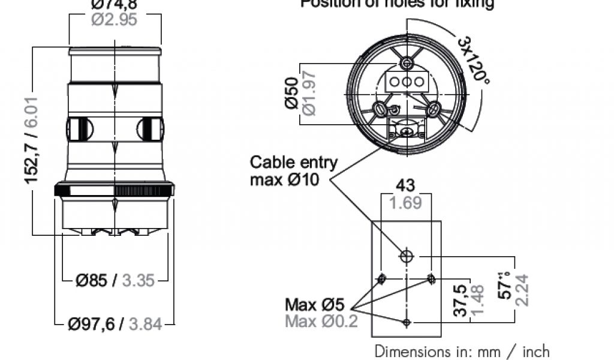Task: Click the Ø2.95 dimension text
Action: tap(115, 19)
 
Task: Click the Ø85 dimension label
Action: tap(92, 280)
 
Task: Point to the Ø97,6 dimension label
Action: tap(91, 325)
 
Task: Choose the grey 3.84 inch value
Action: tap(145, 325)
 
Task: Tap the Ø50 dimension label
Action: tap(293, 94)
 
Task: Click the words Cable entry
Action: tap(294, 162)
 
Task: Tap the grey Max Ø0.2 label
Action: tap(321, 322)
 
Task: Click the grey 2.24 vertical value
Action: tap(521, 290)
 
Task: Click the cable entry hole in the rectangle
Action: tap(407, 257)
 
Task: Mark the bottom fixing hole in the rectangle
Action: tap(407, 323)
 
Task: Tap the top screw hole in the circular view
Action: tap(408, 63)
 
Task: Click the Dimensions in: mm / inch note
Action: tap(462, 351)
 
